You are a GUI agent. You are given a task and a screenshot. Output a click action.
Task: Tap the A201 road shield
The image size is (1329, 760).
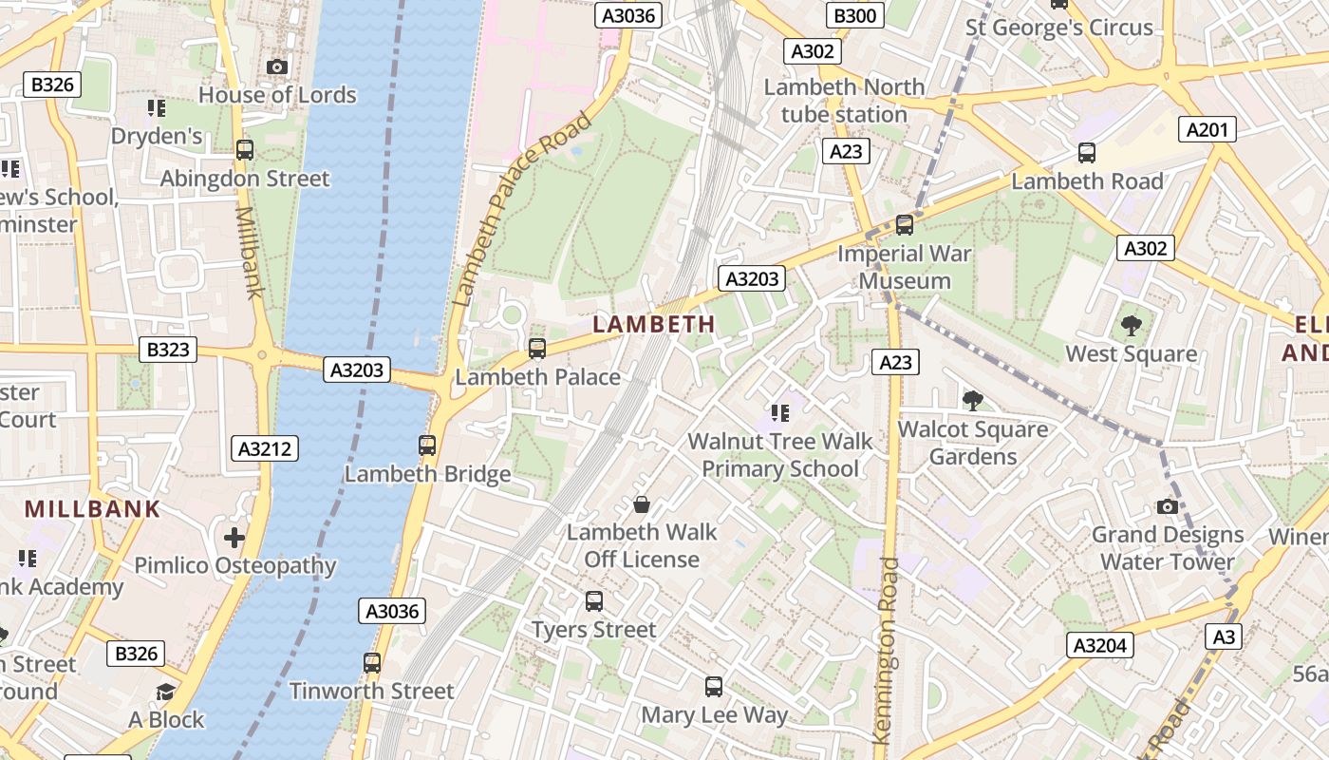[x=1207, y=129]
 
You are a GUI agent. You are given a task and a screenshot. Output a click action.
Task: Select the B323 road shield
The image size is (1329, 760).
[x=168, y=350]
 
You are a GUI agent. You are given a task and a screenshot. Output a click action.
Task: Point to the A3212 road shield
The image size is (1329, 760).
[x=265, y=448]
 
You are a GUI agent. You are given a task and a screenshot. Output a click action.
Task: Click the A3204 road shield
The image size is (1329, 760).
[x=1099, y=646]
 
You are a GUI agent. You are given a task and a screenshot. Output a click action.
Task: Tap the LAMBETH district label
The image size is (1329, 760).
[x=654, y=324]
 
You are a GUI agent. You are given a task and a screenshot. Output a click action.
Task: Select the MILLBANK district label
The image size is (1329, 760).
[x=93, y=509]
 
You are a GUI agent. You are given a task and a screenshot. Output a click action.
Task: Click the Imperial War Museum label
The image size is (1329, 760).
[x=904, y=267]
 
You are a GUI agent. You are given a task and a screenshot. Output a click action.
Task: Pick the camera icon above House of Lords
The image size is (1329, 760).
[x=277, y=66]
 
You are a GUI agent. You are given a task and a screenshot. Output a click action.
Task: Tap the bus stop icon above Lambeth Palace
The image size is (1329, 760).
[x=537, y=349]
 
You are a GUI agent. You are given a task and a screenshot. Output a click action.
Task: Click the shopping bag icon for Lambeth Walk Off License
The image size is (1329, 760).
[x=642, y=503]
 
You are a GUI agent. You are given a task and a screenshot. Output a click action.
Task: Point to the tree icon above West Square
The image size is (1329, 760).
[x=1131, y=326]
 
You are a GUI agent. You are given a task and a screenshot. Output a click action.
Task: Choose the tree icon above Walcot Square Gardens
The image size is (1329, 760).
[x=972, y=400]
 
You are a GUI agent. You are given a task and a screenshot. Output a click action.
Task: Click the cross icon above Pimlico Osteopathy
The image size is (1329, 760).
[x=234, y=538]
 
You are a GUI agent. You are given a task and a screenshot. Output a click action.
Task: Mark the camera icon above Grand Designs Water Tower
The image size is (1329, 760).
[x=1168, y=506]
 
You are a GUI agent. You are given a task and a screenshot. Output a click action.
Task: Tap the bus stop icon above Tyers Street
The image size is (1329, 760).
[x=594, y=600]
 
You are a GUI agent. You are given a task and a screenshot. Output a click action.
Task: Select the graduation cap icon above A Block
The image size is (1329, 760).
[x=166, y=691]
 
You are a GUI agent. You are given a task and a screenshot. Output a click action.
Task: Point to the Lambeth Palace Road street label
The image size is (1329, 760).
[x=522, y=209]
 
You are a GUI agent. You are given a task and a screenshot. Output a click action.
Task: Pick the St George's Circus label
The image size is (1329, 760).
[x=1058, y=28]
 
